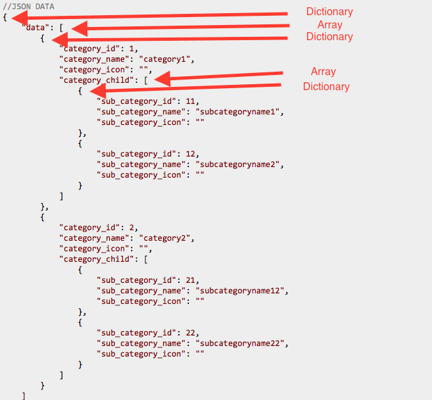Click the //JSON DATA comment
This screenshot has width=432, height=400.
click(x=29, y=7)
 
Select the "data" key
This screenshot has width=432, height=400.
click(x=34, y=28)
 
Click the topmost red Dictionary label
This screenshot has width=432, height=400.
click(x=329, y=12)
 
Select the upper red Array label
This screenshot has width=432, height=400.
click(x=330, y=25)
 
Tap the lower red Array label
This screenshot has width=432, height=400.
click(x=324, y=72)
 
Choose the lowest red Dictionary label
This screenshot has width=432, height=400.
click(x=326, y=87)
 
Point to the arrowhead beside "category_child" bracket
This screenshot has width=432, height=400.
click(x=159, y=80)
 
